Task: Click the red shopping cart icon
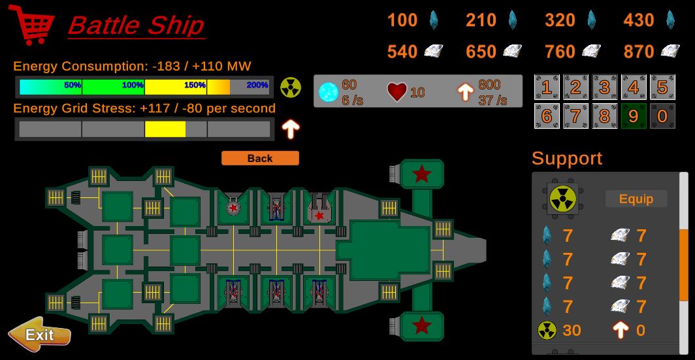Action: pyautogui.click(x=31, y=24)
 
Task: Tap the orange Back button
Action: pyautogui.click(x=260, y=158)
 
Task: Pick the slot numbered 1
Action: pyautogui.click(x=547, y=87)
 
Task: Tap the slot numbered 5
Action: pyautogui.click(x=662, y=87)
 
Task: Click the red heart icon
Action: pyautogui.click(x=396, y=92)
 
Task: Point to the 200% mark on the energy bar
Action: pyautogui.click(x=257, y=86)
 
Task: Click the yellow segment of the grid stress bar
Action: pyautogui.click(x=165, y=129)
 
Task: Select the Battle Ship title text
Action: pyautogui.click(x=136, y=25)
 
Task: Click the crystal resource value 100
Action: pyautogui.click(x=402, y=20)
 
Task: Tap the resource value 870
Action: pyautogui.click(x=638, y=52)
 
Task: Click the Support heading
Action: pyautogui.click(x=567, y=158)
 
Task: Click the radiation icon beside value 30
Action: pyautogui.click(x=547, y=331)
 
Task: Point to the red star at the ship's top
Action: pyautogui.click(x=422, y=174)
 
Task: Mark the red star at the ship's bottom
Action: pyautogui.click(x=422, y=324)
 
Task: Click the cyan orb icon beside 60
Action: pyautogui.click(x=328, y=92)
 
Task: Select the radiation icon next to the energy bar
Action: pyautogui.click(x=291, y=87)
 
